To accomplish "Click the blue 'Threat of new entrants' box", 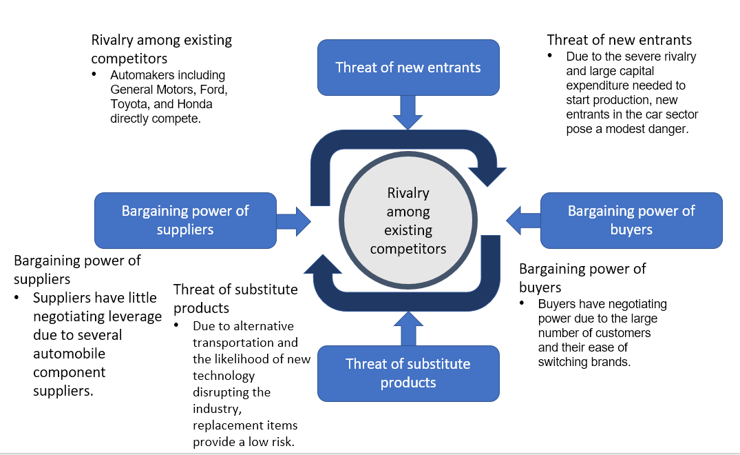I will (x=408, y=68).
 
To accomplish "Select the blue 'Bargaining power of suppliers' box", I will (x=185, y=221).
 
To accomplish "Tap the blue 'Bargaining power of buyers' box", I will (x=631, y=221).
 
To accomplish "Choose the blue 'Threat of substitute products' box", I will (x=408, y=373).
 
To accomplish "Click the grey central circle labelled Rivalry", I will (x=408, y=221).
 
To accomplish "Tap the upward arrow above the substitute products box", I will (x=408, y=327).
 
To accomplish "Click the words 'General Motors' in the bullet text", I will (x=149, y=90).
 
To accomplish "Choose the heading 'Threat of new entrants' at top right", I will (x=619, y=40).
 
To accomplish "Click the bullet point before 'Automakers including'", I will (x=95, y=75).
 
